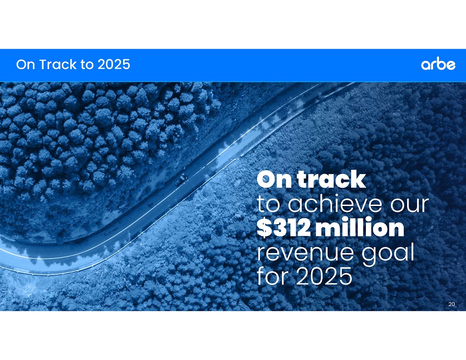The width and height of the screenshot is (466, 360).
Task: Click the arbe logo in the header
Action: [438, 65]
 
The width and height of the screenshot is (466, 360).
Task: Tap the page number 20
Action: [451, 304]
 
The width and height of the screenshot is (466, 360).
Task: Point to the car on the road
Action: [181, 179]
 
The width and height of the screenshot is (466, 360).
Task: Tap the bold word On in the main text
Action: [274, 180]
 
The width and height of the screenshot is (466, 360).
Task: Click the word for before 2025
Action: [274, 276]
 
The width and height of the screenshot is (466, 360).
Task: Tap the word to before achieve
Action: [268, 205]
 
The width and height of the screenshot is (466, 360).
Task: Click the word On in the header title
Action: [26, 64]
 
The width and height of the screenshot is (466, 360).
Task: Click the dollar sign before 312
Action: [264, 228]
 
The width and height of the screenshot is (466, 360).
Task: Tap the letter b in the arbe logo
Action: [440, 64]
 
